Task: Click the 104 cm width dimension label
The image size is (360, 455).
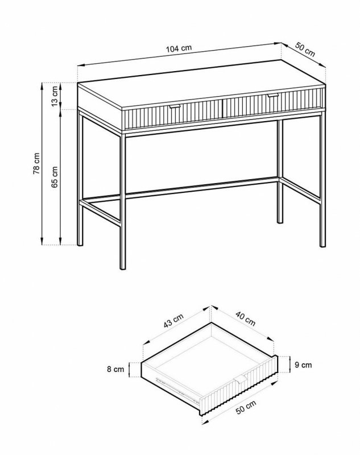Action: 179,48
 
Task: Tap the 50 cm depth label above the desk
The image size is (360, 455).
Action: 305,49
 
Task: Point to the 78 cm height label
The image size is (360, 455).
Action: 36,163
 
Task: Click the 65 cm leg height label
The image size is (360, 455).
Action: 55,177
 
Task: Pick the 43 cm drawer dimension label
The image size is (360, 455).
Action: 173,321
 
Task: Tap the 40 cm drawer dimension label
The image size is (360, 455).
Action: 246,318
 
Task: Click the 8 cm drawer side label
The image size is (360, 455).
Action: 115,369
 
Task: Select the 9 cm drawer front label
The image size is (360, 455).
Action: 303,365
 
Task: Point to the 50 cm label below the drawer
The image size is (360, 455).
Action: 246,407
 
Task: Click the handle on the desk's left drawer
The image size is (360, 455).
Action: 175,106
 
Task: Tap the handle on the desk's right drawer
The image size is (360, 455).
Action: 273,95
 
